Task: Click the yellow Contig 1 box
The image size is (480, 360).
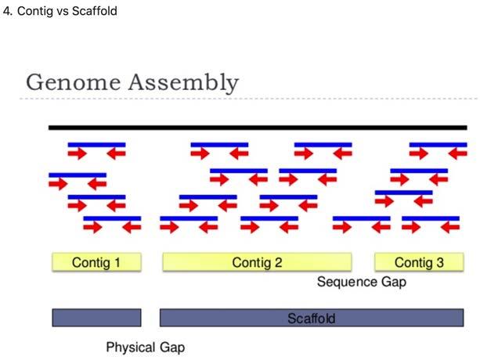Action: pos(96,262)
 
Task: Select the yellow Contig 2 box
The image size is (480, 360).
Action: pos(257,262)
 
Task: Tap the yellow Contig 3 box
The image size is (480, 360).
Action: pos(419,262)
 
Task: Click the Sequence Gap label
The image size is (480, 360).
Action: pos(362,282)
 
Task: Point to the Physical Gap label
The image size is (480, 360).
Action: pos(146,347)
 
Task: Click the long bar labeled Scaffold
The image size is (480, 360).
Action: pos(312,318)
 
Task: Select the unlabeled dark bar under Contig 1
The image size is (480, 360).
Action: pos(96,318)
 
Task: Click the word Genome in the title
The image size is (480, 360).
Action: pos(73,82)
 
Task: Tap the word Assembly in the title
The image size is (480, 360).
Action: pos(184,83)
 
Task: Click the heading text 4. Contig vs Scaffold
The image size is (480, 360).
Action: pos(60,11)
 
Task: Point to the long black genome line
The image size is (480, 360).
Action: pos(258,128)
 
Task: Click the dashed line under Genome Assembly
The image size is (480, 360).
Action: pos(248,99)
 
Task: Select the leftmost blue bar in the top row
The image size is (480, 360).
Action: pos(97,145)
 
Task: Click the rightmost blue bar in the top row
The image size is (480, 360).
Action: pos(438,145)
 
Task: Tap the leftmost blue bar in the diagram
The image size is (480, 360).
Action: pos(78,175)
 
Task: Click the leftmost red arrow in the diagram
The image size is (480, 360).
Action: pos(58,184)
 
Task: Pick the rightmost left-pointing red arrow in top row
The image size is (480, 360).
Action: pos(458,153)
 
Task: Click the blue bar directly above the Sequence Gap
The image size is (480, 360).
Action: pos(362,218)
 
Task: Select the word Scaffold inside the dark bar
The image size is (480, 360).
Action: pos(312,319)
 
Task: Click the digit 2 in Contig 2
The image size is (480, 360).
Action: pos(278,262)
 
